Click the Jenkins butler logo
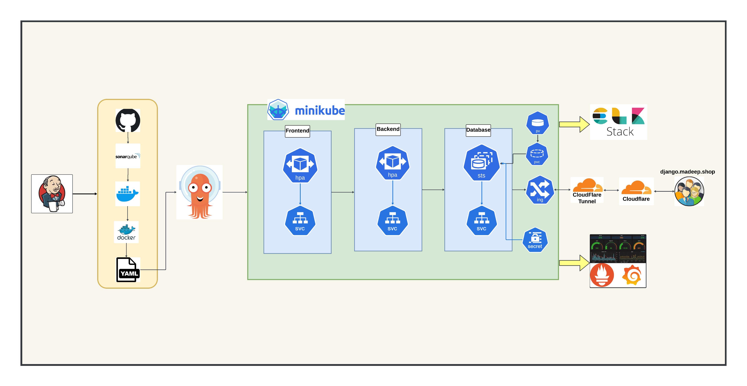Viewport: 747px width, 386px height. pos(52,194)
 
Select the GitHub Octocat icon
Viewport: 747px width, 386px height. pos(128,120)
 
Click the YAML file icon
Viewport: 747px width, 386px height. pos(128,270)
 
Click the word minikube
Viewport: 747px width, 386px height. pos(320,111)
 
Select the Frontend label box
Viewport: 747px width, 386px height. pos(297,131)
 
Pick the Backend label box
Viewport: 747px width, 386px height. pos(388,129)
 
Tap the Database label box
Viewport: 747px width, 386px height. pos(478,130)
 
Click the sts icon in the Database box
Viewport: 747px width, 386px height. pos(481,163)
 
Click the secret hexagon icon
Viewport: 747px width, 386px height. pos(535,240)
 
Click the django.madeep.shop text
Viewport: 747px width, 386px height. pos(687,172)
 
